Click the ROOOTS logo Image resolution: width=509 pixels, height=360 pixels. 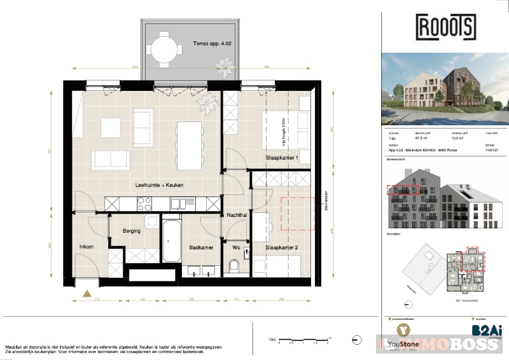[x=445, y=27]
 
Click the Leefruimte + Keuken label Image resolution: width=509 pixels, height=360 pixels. [x=159, y=185]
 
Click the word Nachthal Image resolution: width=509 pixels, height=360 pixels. [x=237, y=216]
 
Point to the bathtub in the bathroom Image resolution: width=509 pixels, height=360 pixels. [x=171, y=240]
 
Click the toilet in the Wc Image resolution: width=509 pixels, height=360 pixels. [x=235, y=265]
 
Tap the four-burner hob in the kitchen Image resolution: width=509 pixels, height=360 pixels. [x=144, y=204]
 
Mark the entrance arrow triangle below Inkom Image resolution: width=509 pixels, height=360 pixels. [x=87, y=293]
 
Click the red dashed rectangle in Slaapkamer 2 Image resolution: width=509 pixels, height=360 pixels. [x=298, y=214]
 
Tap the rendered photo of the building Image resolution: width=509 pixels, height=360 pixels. [x=445, y=90]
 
